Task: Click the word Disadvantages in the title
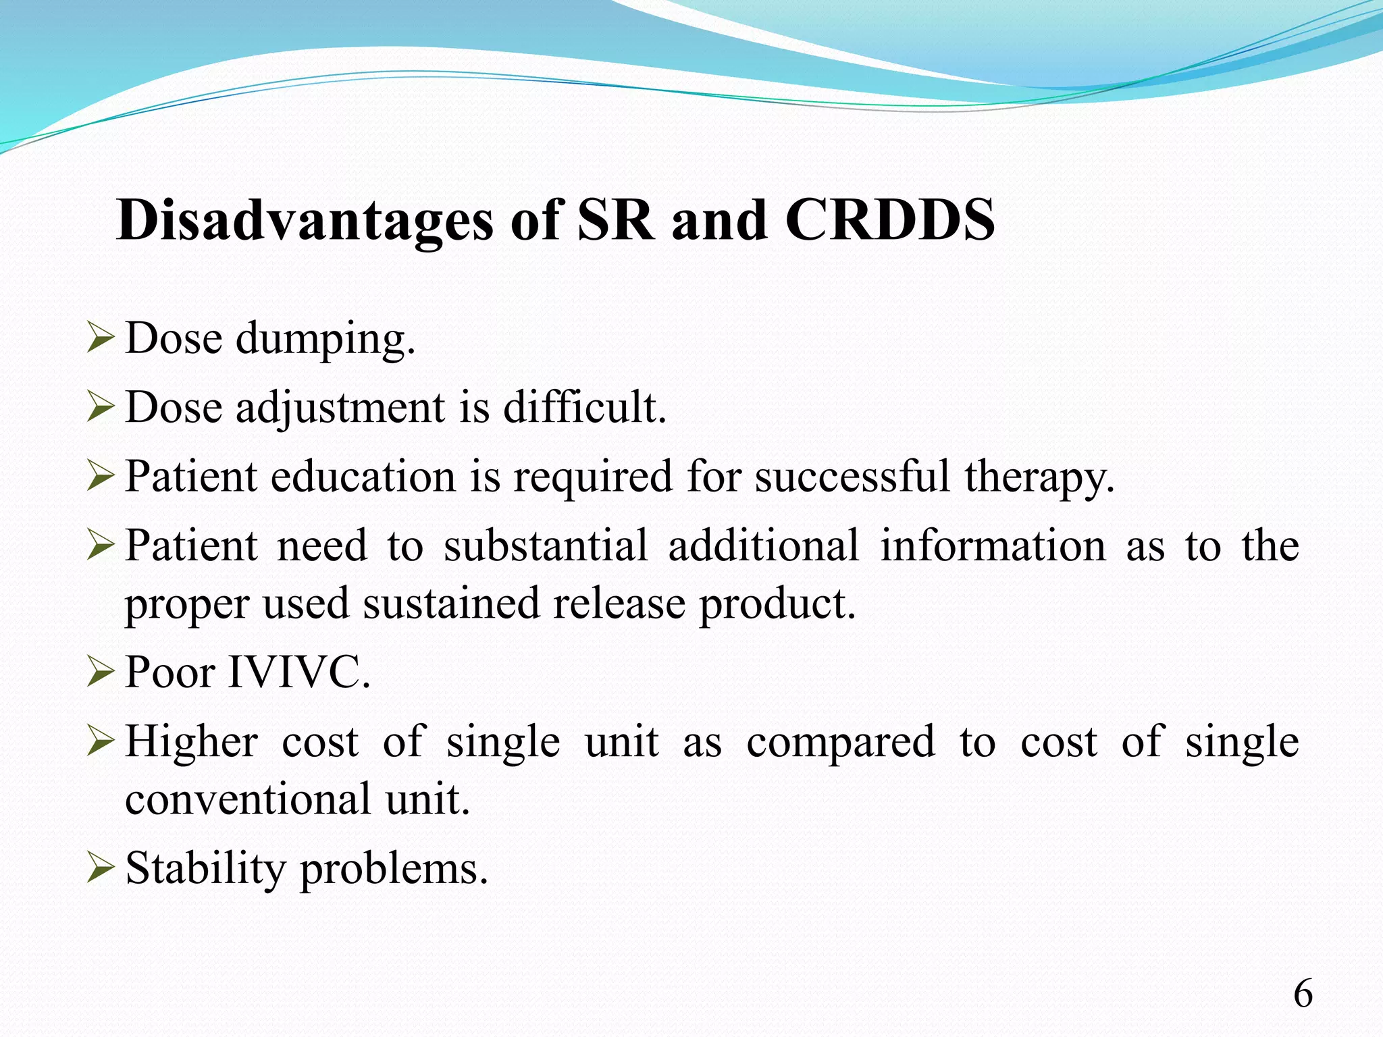point(304,221)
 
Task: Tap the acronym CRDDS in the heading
point(889,221)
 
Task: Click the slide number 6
point(1303,994)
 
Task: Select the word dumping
point(325,340)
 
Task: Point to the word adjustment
point(340,409)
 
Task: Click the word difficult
point(585,408)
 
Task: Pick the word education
point(363,477)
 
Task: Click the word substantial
point(545,546)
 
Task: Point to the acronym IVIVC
point(299,673)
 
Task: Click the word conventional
point(248,800)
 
